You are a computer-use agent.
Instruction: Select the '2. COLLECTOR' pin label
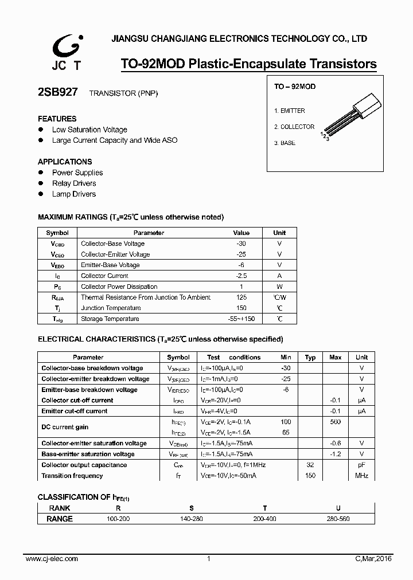[x=294, y=127]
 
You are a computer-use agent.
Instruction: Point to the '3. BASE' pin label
[x=285, y=143]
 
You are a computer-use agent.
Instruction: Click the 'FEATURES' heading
[x=57, y=119]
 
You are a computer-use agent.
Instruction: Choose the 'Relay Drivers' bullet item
[x=74, y=183]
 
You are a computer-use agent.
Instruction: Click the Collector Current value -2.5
[x=241, y=276]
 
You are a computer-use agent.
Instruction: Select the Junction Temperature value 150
[x=241, y=308]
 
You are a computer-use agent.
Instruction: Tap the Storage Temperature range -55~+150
[x=241, y=319]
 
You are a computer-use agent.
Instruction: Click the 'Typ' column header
[x=310, y=358]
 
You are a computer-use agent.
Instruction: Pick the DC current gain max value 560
[x=336, y=422]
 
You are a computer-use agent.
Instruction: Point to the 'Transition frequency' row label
[x=72, y=476]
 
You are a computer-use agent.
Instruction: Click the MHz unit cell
[x=361, y=476]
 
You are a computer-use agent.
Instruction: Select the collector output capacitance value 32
[x=310, y=465]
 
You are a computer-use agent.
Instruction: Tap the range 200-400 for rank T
[x=265, y=519]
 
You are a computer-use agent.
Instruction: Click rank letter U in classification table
[x=338, y=508]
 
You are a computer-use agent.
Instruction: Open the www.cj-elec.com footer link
[x=52, y=559]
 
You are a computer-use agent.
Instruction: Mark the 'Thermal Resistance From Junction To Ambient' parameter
[x=146, y=297]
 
